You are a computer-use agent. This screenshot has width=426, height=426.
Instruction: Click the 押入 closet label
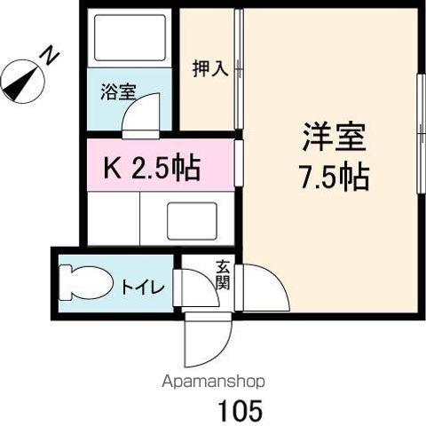(x=210, y=69)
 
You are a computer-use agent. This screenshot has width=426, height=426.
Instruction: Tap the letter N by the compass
(x=51, y=57)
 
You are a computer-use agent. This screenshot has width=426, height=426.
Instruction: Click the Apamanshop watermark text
(x=213, y=382)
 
